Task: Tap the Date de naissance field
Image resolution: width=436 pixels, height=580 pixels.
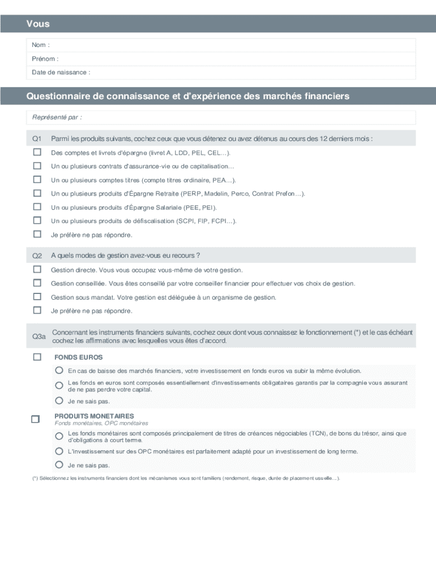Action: click(249, 72)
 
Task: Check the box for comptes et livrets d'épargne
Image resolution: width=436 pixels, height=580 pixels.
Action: click(37, 152)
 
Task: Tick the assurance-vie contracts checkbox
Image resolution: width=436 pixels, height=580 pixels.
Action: click(37, 166)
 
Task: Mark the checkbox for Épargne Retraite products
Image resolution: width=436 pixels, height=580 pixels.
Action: click(37, 193)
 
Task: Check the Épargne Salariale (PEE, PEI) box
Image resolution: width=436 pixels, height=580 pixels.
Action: click(37, 207)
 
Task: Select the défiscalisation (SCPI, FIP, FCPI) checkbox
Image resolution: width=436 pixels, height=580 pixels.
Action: click(37, 220)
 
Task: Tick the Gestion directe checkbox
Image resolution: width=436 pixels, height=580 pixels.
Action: click(37, 270)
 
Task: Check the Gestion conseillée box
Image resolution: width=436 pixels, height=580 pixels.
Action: click(37, 283)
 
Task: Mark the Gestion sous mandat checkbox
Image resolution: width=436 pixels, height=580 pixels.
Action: click(37, 297)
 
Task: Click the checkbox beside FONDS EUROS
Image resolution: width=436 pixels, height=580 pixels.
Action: click(37, 357)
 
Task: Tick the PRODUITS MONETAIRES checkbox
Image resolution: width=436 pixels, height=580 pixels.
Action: click(35, 419)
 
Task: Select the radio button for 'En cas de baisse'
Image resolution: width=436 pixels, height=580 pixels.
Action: click(59, 370)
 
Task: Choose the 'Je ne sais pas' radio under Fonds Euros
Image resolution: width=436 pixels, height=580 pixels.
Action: click(59, 400)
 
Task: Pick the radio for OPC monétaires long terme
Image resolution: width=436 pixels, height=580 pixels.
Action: click(59, 451)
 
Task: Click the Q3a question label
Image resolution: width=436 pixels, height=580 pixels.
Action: click(39, 336)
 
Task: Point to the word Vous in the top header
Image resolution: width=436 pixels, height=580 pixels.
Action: click(37, 24)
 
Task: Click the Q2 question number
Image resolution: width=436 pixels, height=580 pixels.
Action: click(37, 255)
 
